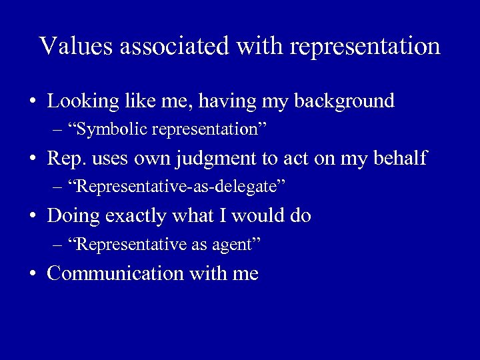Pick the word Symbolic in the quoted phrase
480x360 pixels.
(x=112, y=130)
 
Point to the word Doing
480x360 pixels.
(x=73, y=217)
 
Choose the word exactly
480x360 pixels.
(x=135, y=217)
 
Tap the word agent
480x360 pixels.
(x=233, y=245)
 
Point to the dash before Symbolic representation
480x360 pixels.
(x=58, y=130)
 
